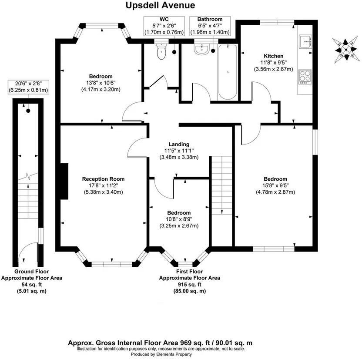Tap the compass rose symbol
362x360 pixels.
click(x=345, y=49)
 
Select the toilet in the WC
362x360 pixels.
click(x=161, y=52)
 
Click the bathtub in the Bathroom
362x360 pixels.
click(x=228, y=72)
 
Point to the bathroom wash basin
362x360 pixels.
click(x=202, y=50)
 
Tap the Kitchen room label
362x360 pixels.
click(x=274, y=56)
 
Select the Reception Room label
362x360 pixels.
click(x=104, y=179)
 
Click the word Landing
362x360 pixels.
click(x=179, y=144)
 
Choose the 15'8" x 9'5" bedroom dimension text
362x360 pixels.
click(x=275, y=185)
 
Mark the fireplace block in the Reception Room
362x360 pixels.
click(x=64, y=181)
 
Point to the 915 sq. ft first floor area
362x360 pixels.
click(x=189, y=284)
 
